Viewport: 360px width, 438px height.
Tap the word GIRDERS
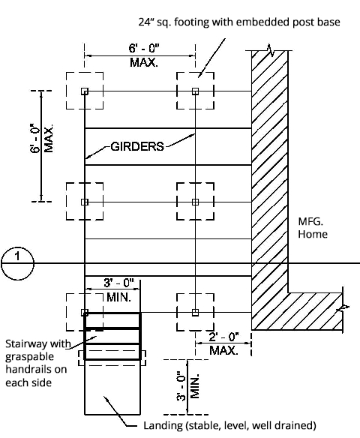pos(137,146)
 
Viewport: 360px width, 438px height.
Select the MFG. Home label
pos(313,228)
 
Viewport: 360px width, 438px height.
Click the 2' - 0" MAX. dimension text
pos(223,343)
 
